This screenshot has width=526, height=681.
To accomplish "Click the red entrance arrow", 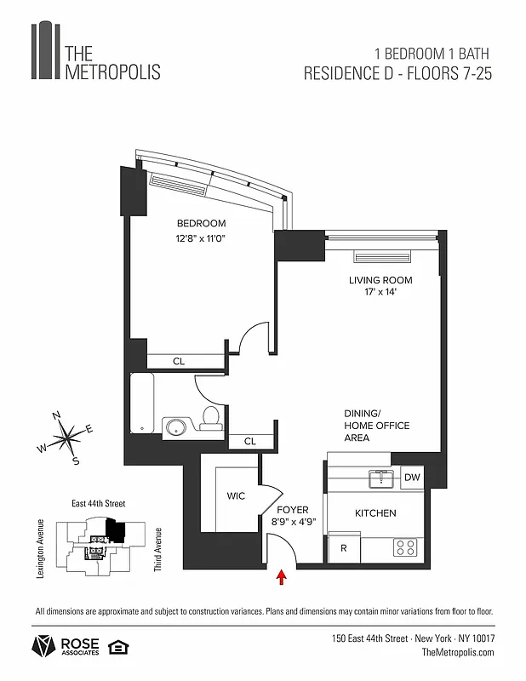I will click(x=282, y=579).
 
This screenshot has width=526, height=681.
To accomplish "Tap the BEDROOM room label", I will click(x=202, y=223).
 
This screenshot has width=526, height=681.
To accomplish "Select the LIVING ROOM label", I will click(x=380, y=280).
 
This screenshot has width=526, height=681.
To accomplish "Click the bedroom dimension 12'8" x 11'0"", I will click(x=202, y=239).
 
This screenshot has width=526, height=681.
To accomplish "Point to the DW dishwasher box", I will click(x=412, y=478).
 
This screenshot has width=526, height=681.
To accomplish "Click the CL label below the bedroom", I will click(x=179, y=362).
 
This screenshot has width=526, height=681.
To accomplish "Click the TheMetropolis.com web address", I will click(x=458, y=652).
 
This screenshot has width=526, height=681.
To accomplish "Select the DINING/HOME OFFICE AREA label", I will click(x=376, y=426).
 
